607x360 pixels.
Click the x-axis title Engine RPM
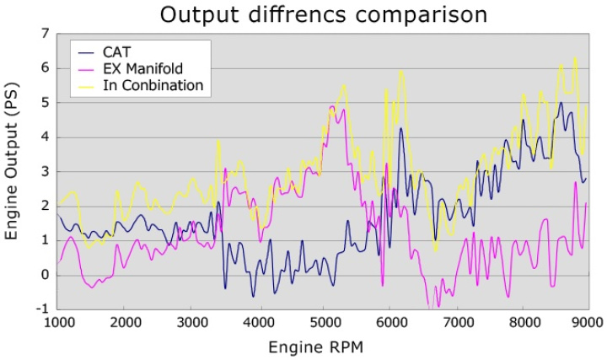[317, 347]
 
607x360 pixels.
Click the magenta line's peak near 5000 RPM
[332, 107]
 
